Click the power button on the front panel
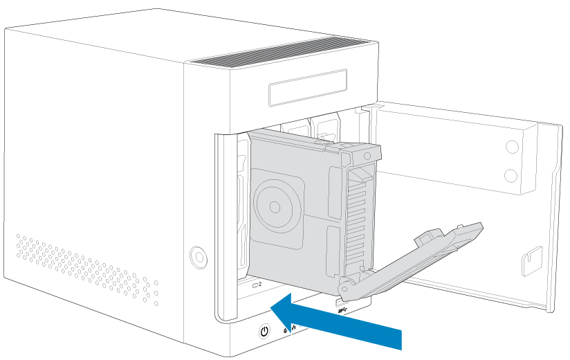(264, 332)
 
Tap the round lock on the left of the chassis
(199, 257)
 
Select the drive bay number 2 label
(260, 284)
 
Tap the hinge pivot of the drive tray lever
(344, 285)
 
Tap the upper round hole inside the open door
(512, 147)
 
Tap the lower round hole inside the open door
(512, 175)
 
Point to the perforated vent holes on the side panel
(83, 267)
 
